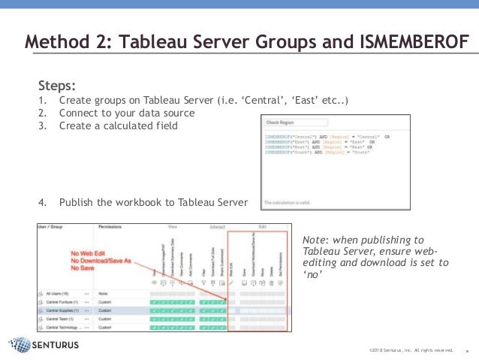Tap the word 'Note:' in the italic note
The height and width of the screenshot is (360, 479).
[x=316, y=239]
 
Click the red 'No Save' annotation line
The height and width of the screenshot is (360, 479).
[x=83, y=268]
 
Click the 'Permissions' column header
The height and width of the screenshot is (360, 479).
[x=110, y=225]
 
